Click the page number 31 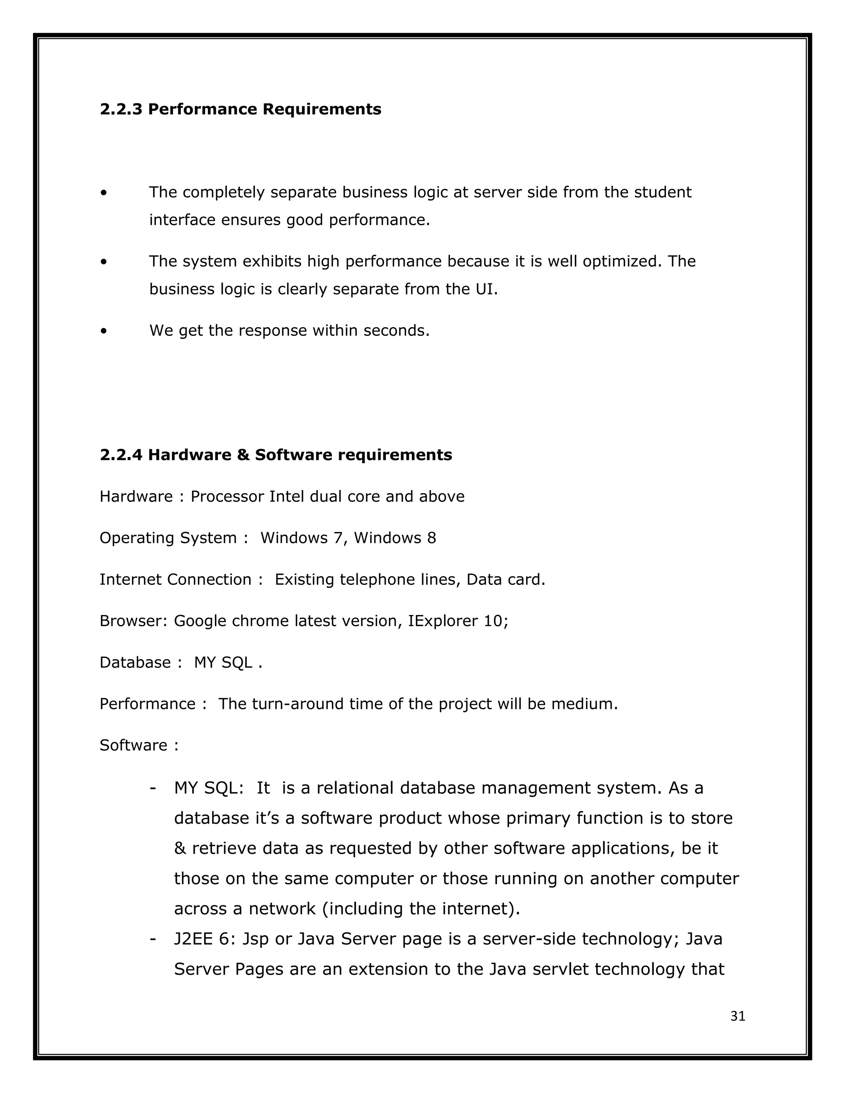point(737,1016)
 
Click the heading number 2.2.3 point(120,109)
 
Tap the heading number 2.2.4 point(120,455)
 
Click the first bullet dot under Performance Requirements point(104,193)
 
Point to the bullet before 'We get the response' point(104,331)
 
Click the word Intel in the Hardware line point(287,497)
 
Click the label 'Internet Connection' point(175,579)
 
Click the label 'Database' point(135,663)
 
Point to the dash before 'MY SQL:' point(152,788)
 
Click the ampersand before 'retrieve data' point(180,849)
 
